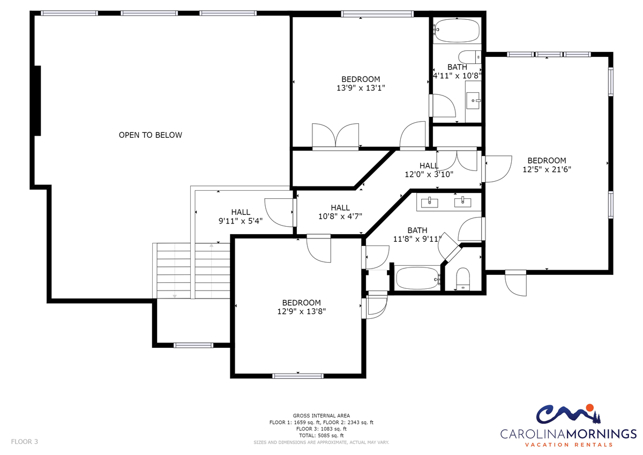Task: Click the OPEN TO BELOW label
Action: coord(151,135)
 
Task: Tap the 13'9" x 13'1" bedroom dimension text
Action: coord(361,88)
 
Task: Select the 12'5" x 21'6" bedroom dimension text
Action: coord(547,169)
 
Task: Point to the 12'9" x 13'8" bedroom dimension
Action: coord(301,311)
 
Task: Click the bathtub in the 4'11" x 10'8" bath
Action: coord(457,31)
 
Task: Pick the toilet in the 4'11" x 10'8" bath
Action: coord(469,57)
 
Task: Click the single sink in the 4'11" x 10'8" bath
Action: coord(473,100)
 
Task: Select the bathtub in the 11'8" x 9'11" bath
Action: coord(417,278)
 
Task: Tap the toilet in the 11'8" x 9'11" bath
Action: coord(463,279)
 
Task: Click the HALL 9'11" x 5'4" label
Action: coord(241,217)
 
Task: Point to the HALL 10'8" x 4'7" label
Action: coord(340,212)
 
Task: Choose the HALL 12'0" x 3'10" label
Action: coord(429,170)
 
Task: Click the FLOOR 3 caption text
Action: coord(25,442)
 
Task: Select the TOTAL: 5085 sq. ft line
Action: coord(321,436)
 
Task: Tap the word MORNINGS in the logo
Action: coord(601,434)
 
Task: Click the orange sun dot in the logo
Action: coord(589,408)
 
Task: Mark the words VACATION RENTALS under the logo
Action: coord(569,445)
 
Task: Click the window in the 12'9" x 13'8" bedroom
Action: coord(298,376)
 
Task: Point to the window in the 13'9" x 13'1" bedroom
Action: coord(377,14)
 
